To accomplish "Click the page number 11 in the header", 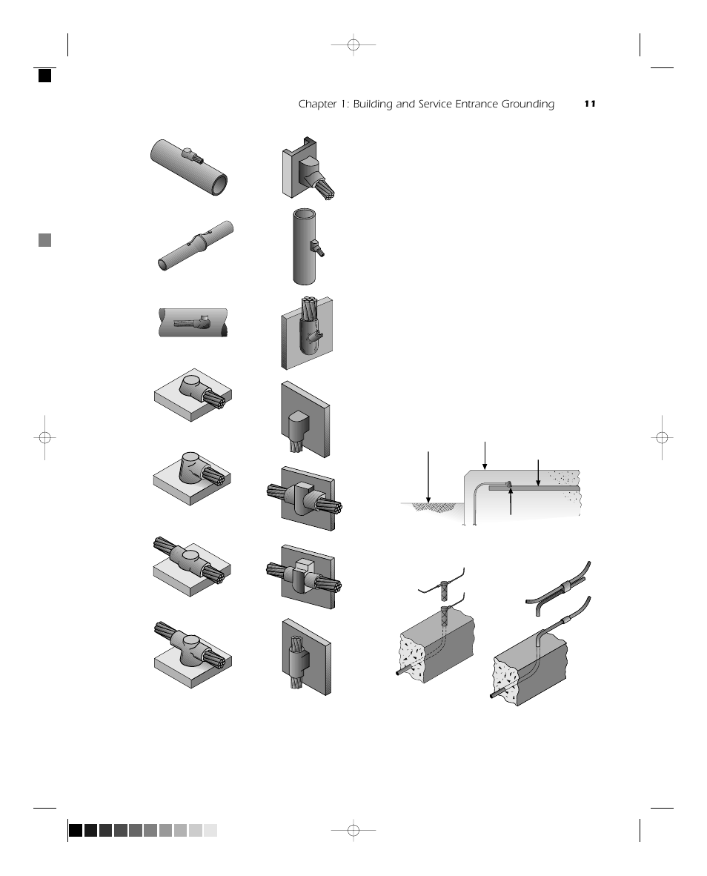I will (590, 104).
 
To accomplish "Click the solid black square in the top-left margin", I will (44, 75).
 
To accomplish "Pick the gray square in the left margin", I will (44, 240).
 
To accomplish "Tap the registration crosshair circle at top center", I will (353, 45).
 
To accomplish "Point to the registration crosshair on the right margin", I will (662, 437).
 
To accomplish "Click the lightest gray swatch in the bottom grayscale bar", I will (210, 831).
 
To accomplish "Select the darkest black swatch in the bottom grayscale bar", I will (76, 831).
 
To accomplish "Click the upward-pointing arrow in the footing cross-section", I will (511, 502).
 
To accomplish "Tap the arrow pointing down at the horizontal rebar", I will (538, 472).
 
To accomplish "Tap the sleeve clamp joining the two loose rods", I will (566, 585).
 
